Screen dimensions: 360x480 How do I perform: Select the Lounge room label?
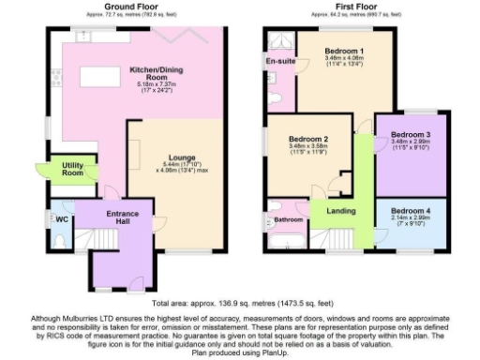tap(183, 157)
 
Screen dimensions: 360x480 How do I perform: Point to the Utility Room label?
tap(73, 170)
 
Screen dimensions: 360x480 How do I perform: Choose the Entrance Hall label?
tap(122, 217)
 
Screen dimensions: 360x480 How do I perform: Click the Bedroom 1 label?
tap(344, 51)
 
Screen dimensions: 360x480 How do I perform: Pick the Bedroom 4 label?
tap(410, 211)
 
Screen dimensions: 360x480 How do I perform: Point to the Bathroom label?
tap(287, 220)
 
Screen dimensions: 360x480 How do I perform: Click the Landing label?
tap(340, 211)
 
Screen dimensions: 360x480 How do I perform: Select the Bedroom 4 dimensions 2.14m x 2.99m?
tap(410, 218)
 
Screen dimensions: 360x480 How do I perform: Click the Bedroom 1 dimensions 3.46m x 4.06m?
tap(344, 58)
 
